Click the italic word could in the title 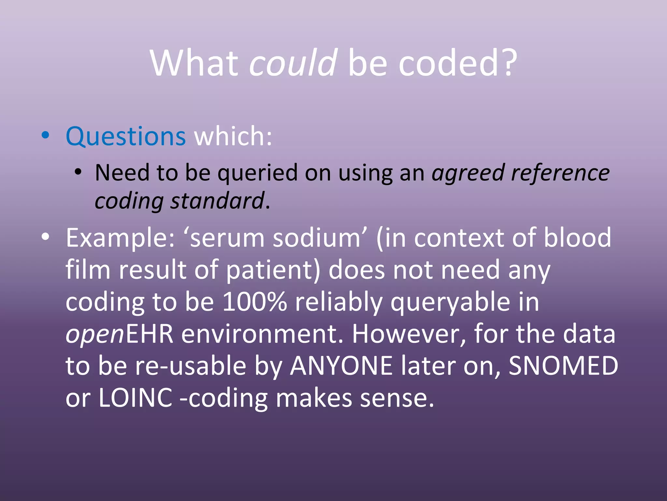click(x=293, y=63)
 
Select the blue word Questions click(x=126, y=136)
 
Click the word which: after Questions click(x=233, y=136)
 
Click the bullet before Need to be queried click(x=78, y=172)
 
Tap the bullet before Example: click(x=45, y=237)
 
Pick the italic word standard click(x=217, y=201)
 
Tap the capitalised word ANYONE click(x=342, y=366)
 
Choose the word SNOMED click(x=563, y=366)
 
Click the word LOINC click(x=135, y=398)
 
